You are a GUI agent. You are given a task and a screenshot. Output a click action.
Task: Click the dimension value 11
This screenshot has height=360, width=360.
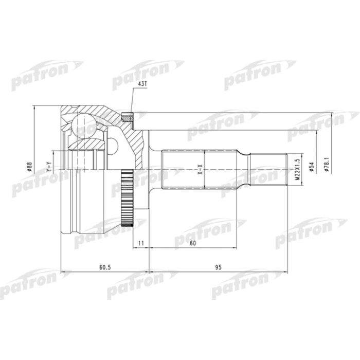[x=140, y=242]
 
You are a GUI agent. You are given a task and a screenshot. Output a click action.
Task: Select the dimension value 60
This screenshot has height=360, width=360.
[x=192, y=242]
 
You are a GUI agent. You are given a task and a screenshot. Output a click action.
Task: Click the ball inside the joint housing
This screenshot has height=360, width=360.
[x=83, y=125]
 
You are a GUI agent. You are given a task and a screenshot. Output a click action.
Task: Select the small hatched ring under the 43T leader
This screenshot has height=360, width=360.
[x=127, y=117]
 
